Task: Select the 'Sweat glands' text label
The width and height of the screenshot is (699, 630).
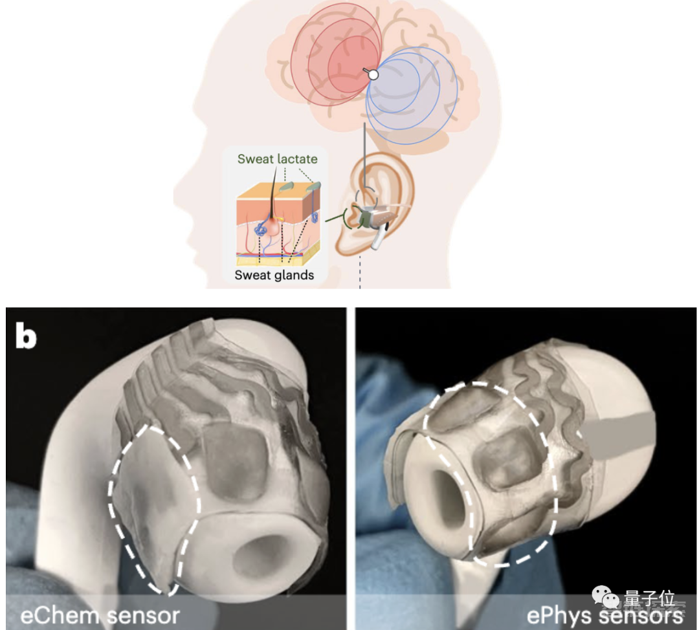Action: click(274, 275)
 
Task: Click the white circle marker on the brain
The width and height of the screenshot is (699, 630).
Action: click(373, 74)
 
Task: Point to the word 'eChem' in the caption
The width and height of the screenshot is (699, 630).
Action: click(59, 614)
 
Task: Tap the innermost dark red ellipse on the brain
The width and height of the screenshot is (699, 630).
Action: click(353, 65)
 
